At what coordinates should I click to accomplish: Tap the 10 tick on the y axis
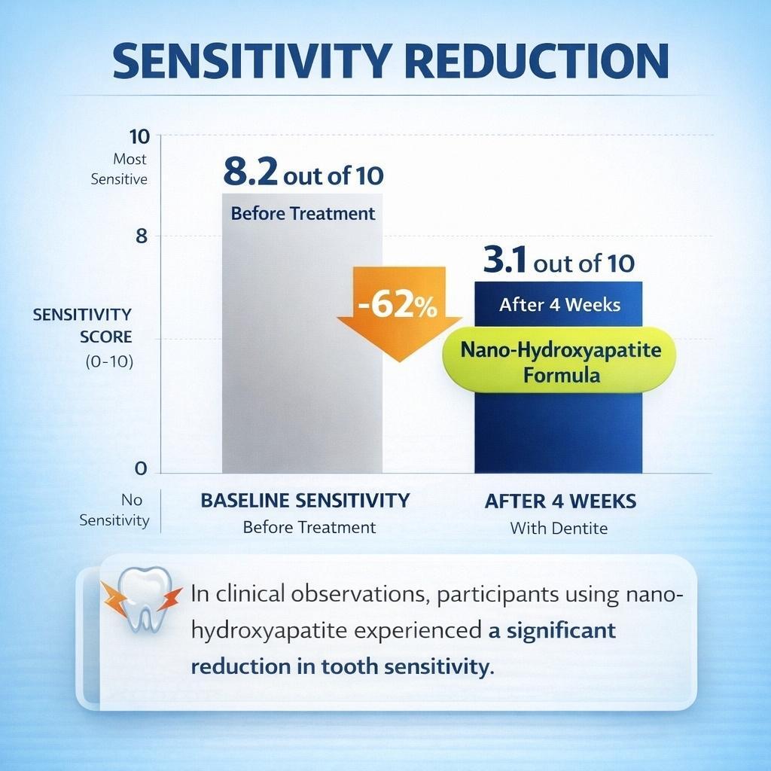coord(141,136)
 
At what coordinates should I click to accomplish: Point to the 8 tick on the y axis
coord(141,236)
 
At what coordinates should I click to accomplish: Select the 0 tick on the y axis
coord(141,468)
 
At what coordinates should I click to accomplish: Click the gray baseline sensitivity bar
coord(301,376)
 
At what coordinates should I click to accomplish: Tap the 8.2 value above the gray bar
coord(251,173)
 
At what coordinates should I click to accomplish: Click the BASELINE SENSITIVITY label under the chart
coord(305,501)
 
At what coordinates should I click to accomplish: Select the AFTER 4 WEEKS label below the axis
coord(560,501)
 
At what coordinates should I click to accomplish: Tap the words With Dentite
coord(559,528)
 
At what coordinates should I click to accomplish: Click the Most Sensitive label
coord(120,169)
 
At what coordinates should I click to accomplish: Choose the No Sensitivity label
coord(114,510)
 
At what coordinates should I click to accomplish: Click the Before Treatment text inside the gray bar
coord(303,213)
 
